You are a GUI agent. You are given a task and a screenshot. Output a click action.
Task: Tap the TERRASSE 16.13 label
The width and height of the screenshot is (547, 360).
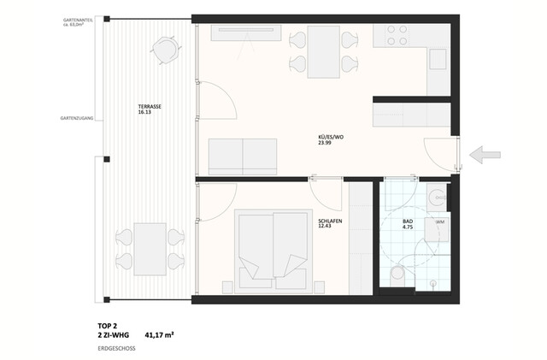[x=150, y=109]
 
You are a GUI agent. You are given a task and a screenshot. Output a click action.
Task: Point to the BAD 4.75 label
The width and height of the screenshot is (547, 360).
[x=408, y=226]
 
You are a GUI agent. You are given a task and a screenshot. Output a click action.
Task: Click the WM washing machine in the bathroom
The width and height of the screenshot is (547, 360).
[x=439, y=223]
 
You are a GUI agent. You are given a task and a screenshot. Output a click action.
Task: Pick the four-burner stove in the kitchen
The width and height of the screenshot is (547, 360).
[x=397, y=35]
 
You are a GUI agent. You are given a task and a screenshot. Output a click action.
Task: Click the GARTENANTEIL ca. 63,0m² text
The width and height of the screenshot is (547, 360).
[x=78, y=21]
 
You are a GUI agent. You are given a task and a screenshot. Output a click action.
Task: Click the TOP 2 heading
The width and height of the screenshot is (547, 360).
[x=108, y=326]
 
